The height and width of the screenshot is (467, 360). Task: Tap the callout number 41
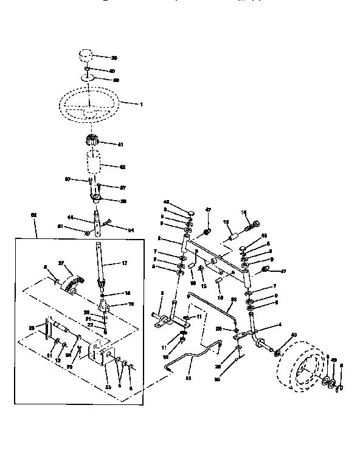click(x=120, y=144)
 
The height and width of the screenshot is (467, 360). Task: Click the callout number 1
click(x=141, y=105)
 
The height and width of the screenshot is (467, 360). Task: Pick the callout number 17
click(x=124, y=263)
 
